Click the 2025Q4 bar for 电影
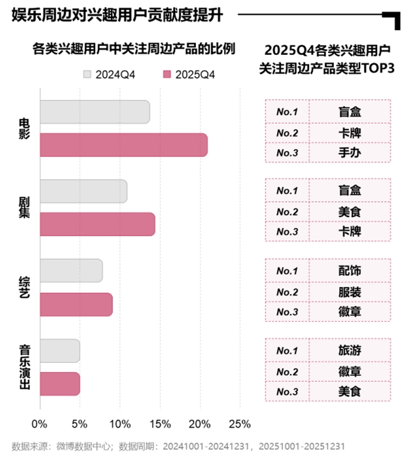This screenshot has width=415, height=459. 123,144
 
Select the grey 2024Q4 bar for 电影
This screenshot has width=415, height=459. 94,112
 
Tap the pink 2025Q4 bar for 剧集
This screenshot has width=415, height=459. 97,224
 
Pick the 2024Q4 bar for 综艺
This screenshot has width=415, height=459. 71,271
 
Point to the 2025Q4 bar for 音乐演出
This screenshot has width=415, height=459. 59,384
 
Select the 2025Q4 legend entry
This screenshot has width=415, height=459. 190,74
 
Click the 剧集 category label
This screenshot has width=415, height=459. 24,207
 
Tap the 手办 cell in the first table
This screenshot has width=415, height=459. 349,153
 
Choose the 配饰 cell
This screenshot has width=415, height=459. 349,270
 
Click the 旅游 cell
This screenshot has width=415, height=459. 349,350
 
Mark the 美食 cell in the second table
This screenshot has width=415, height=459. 349,211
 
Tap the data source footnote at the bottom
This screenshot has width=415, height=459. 178,446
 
